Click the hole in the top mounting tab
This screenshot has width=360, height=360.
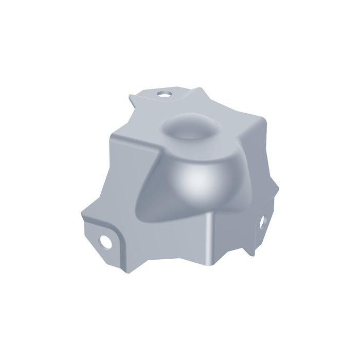pos(165,94)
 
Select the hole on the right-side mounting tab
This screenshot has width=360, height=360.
pos(261,221)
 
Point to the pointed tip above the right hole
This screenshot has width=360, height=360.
pos(273,203)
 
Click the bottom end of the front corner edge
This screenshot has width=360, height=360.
pos(208,263)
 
